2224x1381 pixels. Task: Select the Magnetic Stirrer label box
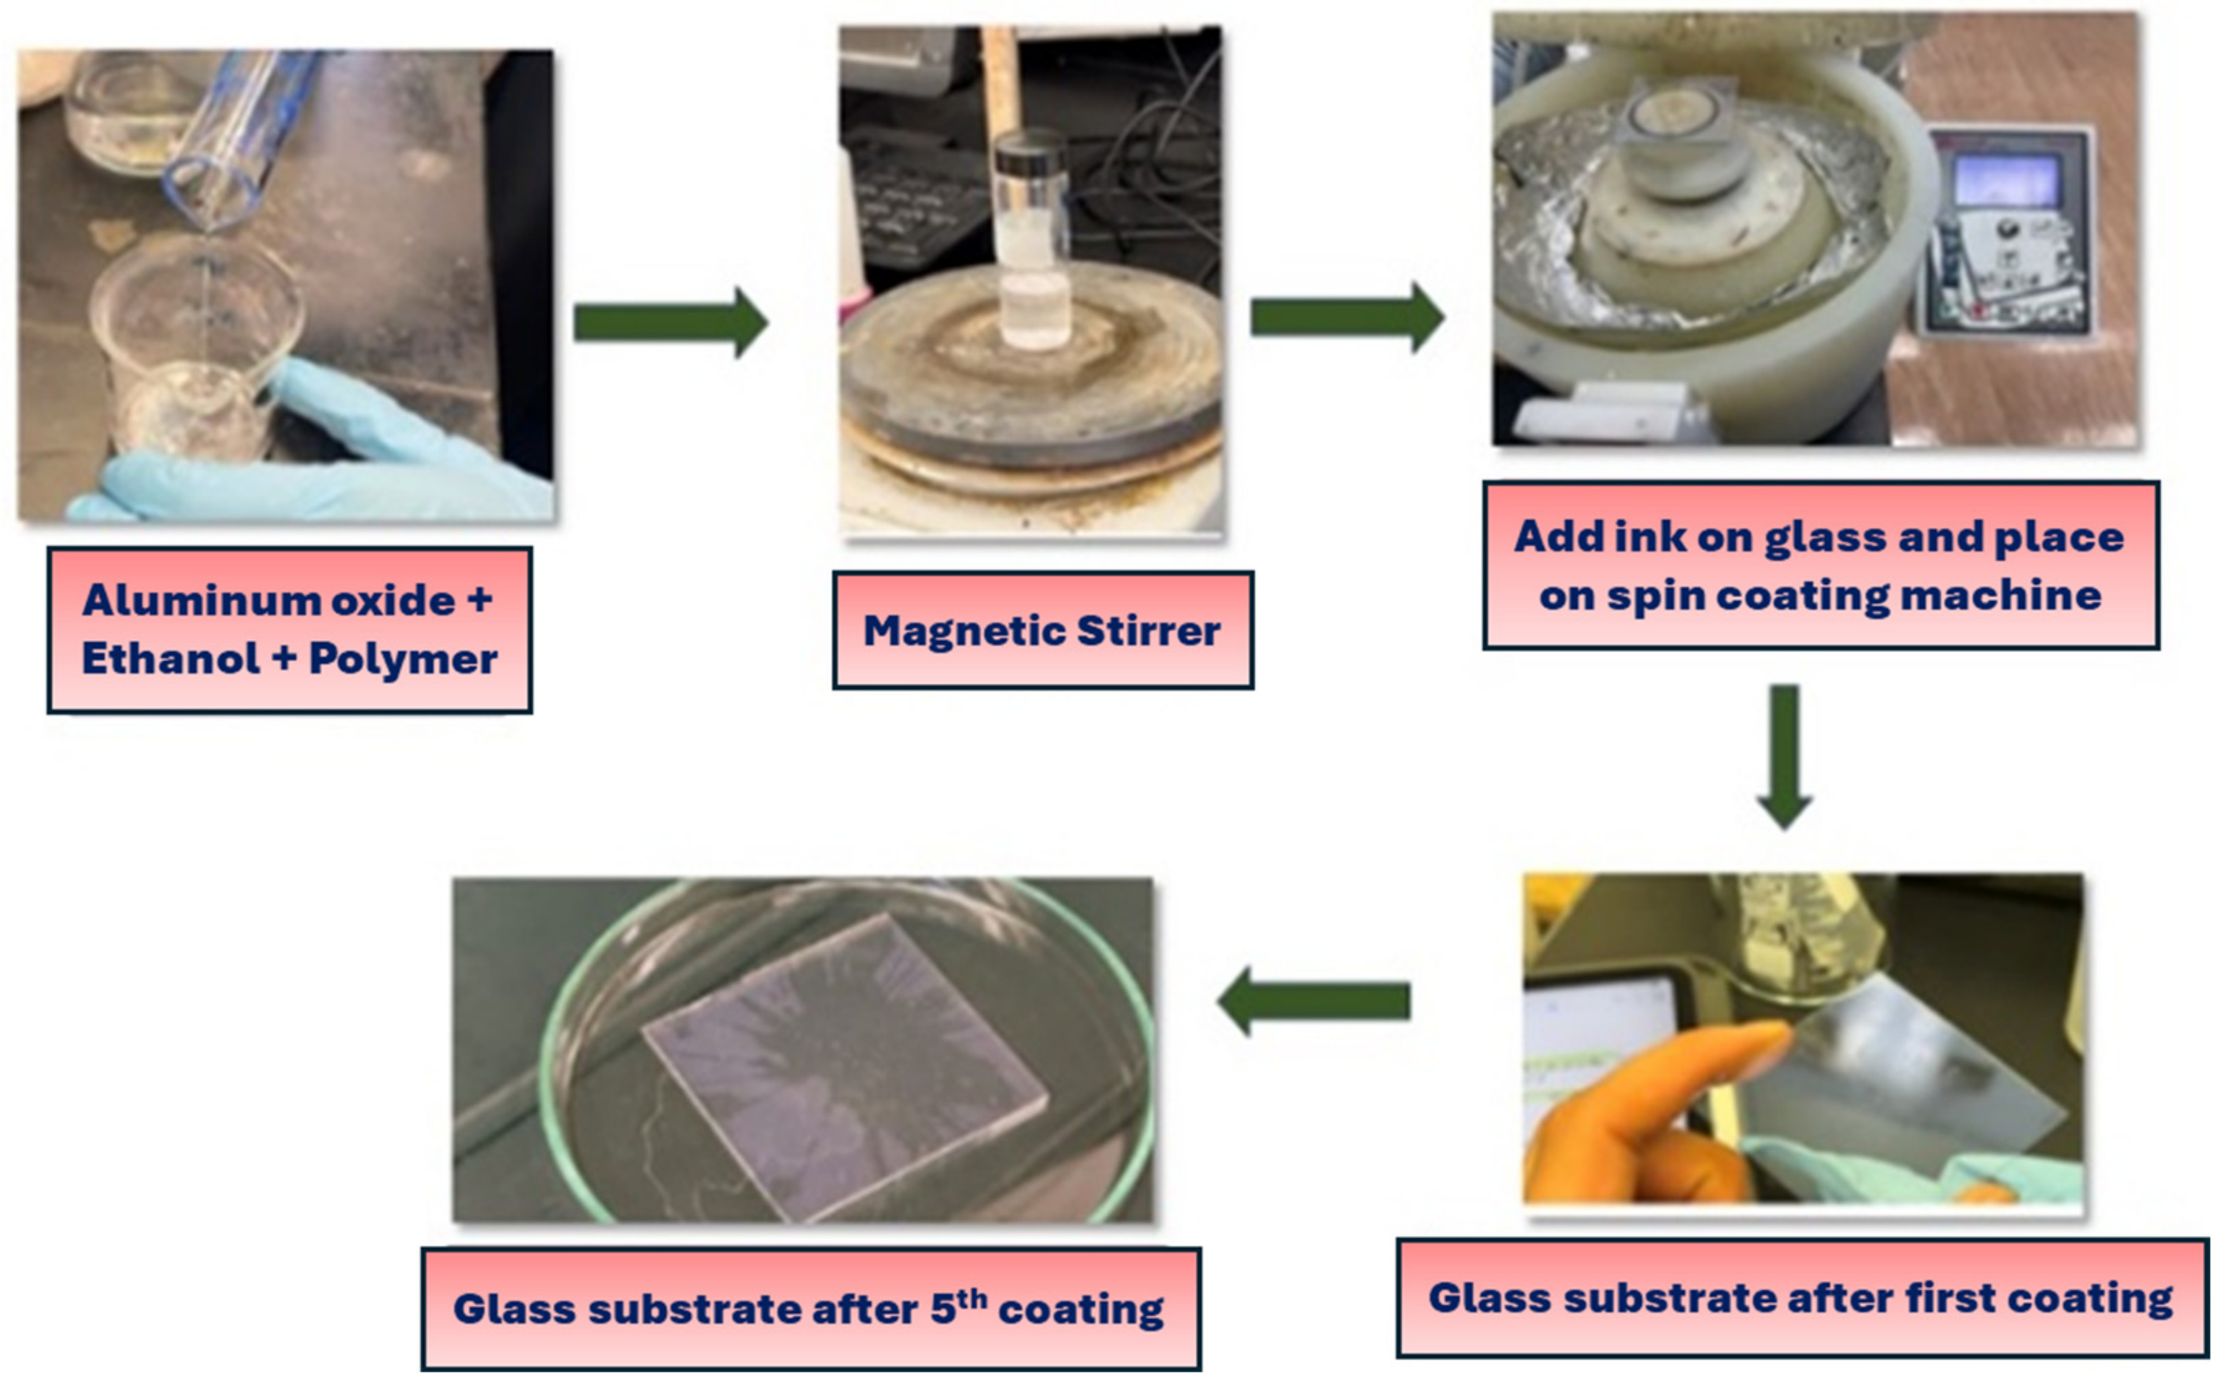(1042, 630)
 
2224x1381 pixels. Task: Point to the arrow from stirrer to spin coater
(1346, 317)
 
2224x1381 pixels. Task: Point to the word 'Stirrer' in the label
(1148, 631)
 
